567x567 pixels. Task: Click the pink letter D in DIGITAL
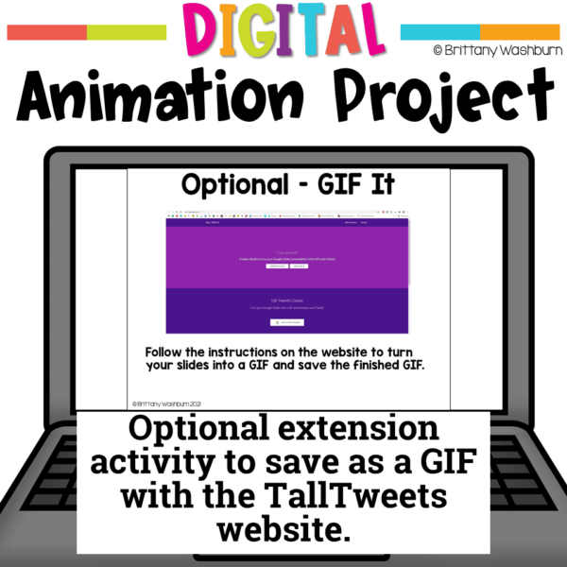click(x=193, y=34)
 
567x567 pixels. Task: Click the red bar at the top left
click(x=47, y=33)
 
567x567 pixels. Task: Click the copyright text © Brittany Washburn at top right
click(x=495, y=50)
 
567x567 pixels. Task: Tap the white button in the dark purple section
click(x=286, y=322)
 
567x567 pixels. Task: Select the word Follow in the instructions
click(x=170, y=352)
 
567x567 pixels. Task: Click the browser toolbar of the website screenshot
click(x=287, y=212)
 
